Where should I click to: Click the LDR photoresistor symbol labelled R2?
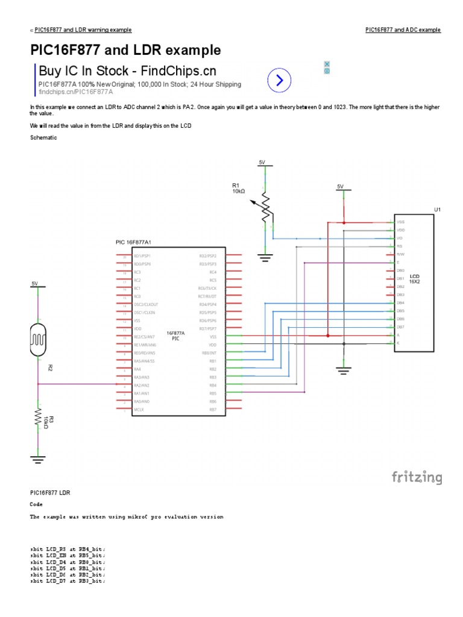(37, 339)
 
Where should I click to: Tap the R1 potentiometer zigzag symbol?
(264, 208)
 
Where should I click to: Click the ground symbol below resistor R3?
(37, 459)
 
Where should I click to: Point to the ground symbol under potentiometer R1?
(264, 257)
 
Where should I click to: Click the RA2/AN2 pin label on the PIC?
(142, 385)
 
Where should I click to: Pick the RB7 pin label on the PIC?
(212, 410)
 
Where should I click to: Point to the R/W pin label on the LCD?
(400, 254)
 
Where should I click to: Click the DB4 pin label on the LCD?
(400, 302)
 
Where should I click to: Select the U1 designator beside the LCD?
(438, 209)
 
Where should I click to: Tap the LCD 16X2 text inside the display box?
(414, 278)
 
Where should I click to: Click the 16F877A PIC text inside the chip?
(175, 336)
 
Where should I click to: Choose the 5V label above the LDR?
(34, 283)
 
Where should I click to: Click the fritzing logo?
(417, 478)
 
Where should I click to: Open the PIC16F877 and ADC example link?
(403, 30)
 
